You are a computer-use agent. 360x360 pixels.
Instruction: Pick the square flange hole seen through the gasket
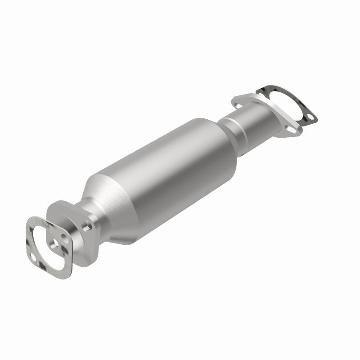pyautogui.click(x=55, y=245)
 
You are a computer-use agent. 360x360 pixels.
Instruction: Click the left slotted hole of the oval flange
pyautogui.click(x=238, y=102)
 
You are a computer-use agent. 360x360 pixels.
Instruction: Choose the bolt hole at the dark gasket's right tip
pyautogui.click(x=310, y=119)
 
